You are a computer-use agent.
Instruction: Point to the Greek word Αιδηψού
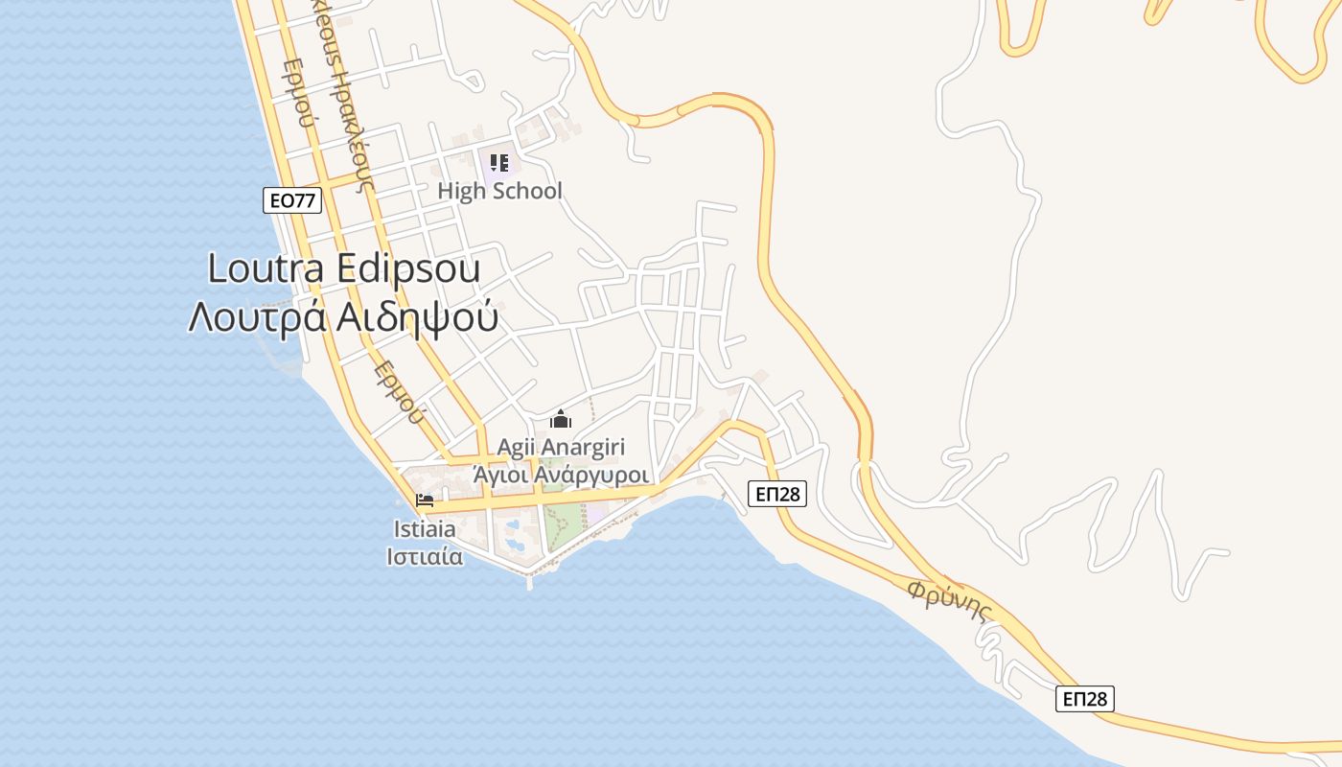(418, 317)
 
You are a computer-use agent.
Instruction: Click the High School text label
(499, 191)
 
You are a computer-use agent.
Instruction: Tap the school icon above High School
(499, 163)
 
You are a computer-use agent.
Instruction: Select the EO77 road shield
(291, 200)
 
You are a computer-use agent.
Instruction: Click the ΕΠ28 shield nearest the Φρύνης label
(1085, 699)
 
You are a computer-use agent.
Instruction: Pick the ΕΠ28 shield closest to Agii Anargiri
(776, 494)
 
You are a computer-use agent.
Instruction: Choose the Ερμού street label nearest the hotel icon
(398, 391)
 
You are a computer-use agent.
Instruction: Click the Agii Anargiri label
(561, 447)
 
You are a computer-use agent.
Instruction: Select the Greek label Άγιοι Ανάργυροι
(561, 475)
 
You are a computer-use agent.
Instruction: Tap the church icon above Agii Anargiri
(561, 419)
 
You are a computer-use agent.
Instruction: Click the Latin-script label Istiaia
(425, 528)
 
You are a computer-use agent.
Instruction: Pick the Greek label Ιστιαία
(425, 556)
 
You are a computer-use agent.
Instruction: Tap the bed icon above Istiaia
(425, 500)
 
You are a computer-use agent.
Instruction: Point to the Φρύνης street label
(949, 600)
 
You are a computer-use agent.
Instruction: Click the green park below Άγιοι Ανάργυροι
(564, 523)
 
